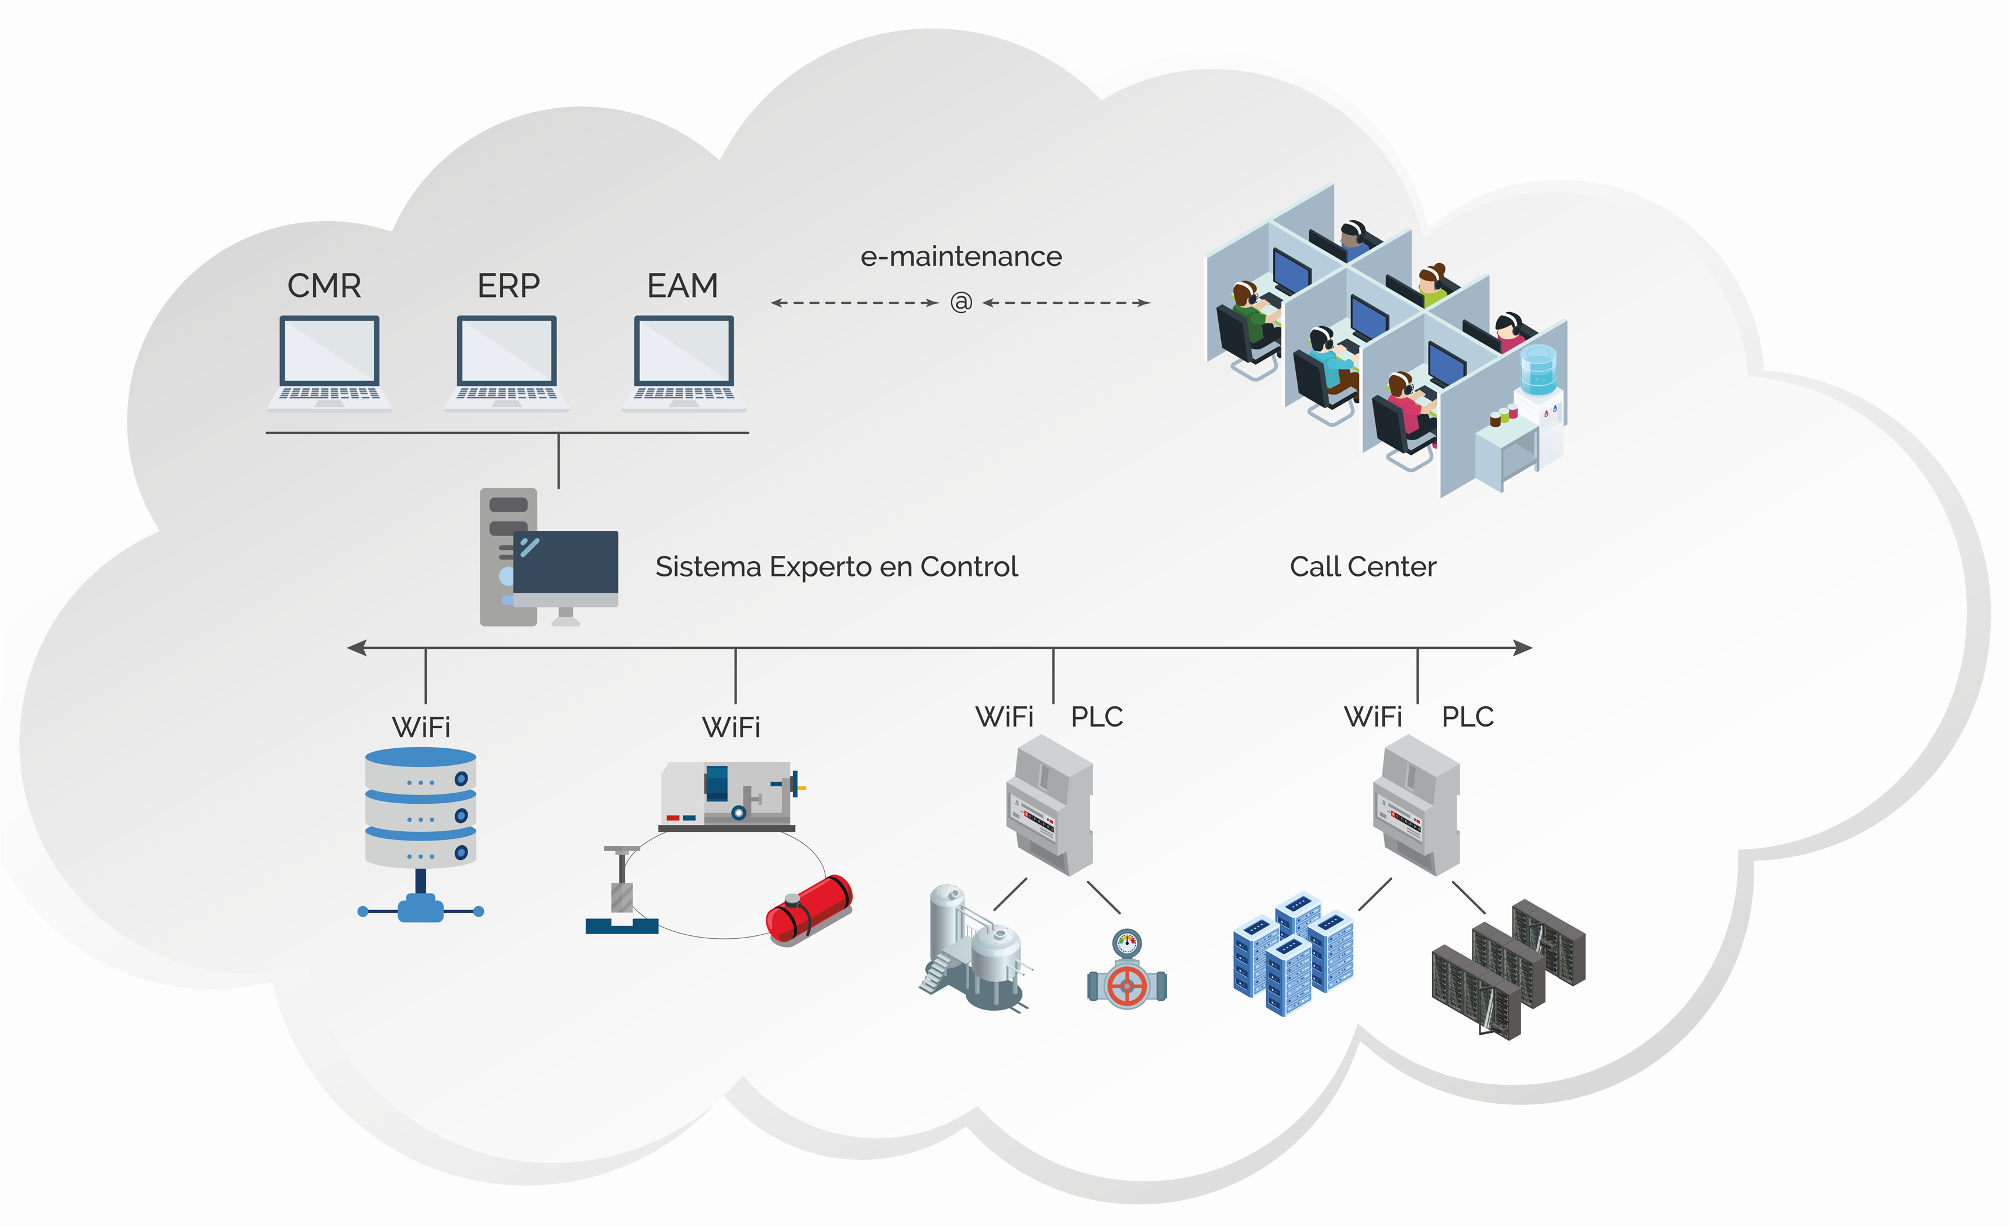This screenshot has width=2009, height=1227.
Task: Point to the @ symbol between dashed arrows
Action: tap(962, 302)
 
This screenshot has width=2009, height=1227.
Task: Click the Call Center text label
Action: tap(1363, 566)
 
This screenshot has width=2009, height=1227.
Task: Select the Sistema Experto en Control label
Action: tap(836, 566)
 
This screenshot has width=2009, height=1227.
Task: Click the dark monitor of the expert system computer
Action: tap(565, 562)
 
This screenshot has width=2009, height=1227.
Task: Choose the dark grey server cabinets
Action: tap(1509, 966)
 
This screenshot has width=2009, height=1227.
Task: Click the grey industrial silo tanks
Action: tap(974, 950)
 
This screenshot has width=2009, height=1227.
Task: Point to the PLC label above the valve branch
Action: tap(1097, 717)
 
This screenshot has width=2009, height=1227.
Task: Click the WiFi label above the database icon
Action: tap(421, 727)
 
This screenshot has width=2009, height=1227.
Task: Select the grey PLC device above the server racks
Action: tap(1417, 805)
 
